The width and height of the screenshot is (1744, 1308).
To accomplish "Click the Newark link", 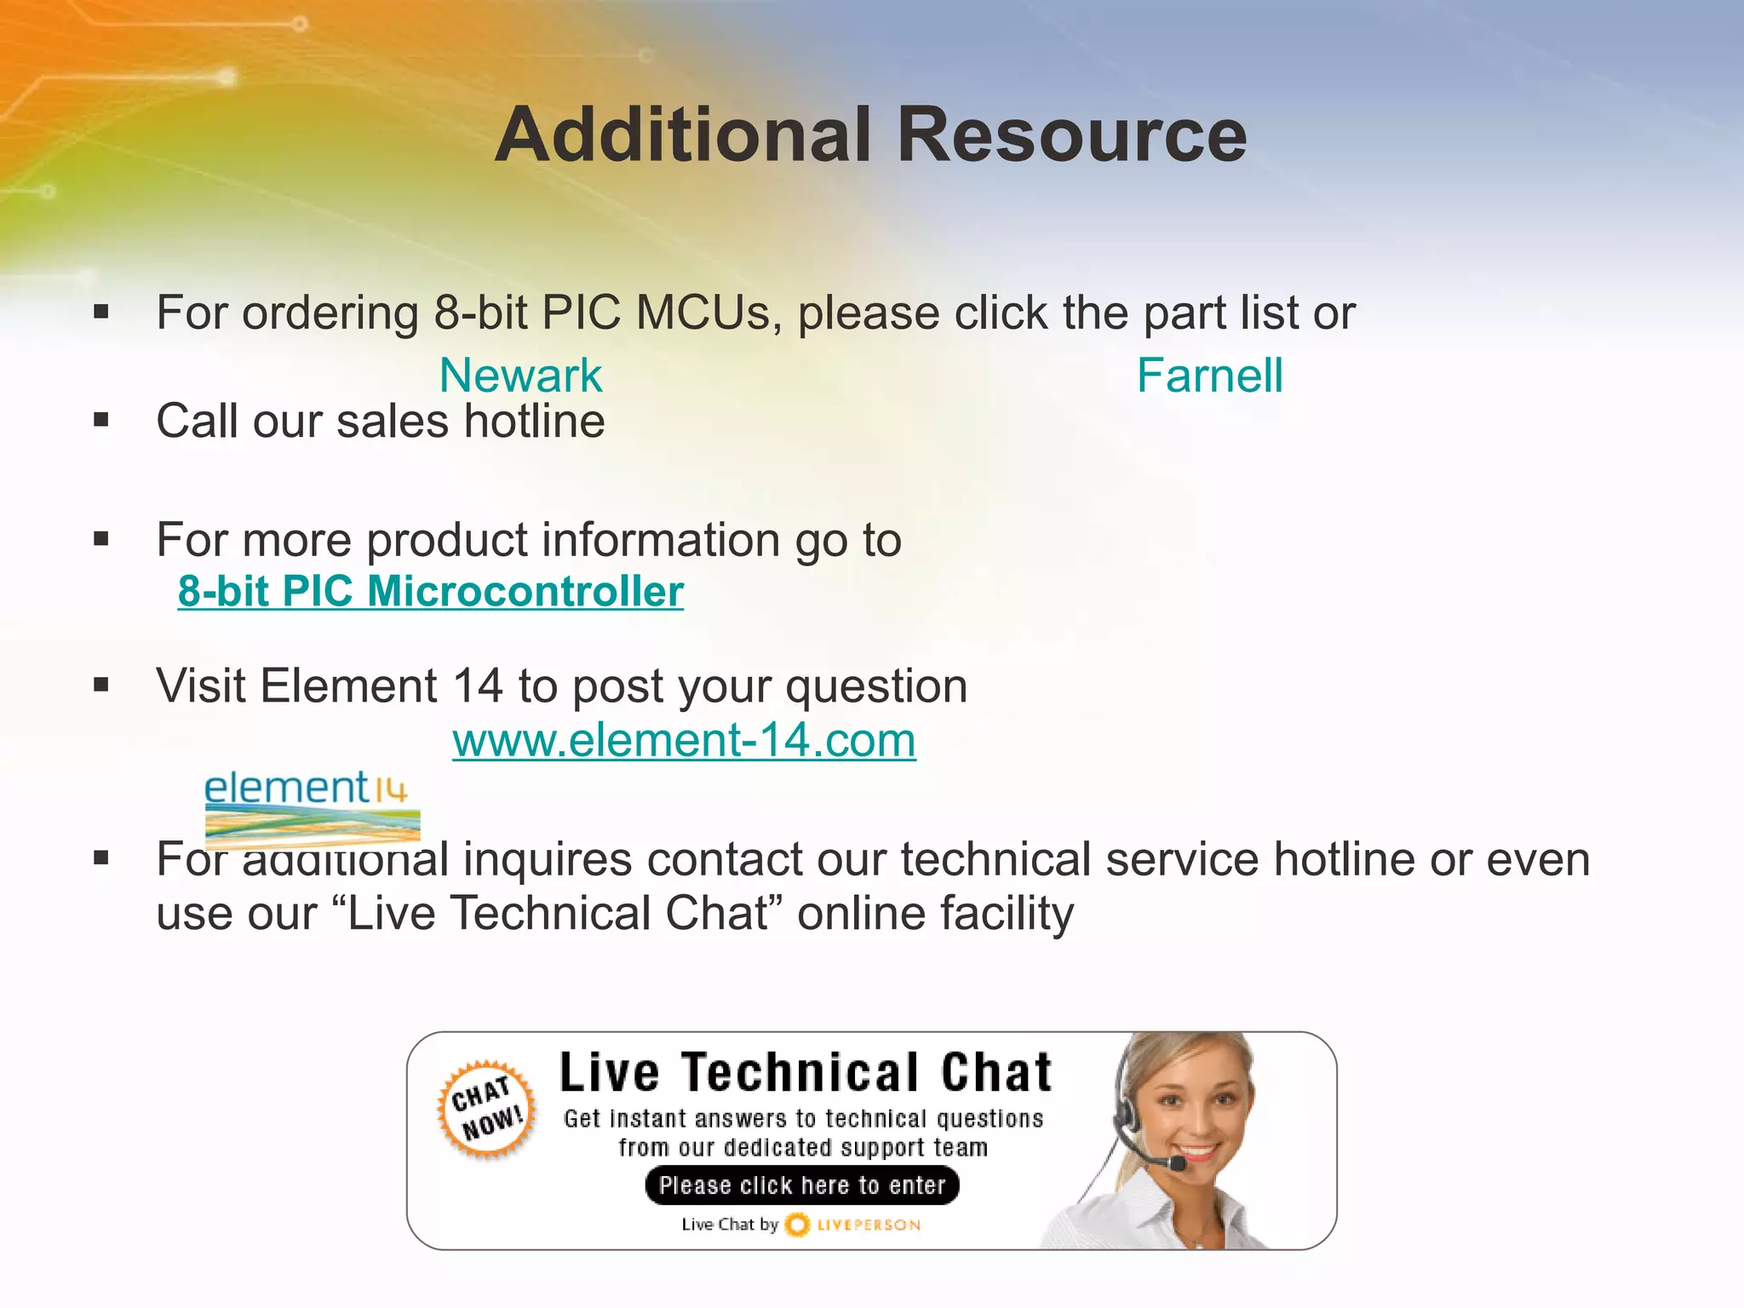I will pyautogui.click(x=520, y=376).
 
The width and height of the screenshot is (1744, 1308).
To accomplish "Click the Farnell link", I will pyautogui.click(x=1209, y=376).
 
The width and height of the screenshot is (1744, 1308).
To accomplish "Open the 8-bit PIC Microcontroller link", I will pyautogui.click(x=430, y=591).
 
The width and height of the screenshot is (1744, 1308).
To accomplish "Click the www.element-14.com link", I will pyautogui.click(x=684, y=739).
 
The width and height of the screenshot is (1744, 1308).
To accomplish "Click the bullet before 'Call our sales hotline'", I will pyautogui.click(x=102, y=420).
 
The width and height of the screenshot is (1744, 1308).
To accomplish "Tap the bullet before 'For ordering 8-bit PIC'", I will pyautogui.click(x=102, y=312).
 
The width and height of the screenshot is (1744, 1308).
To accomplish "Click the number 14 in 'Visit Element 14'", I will pyautogui.click(x=477, y=686).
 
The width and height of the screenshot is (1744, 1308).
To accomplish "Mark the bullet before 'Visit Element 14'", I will pyautogui.click(x=102, y=685).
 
